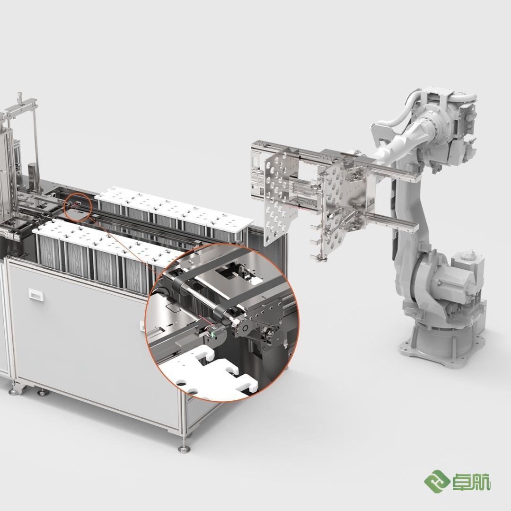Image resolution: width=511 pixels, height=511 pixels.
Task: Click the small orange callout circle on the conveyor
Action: tap(78, 207)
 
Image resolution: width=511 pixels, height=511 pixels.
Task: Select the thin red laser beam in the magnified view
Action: tap(204, 321)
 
